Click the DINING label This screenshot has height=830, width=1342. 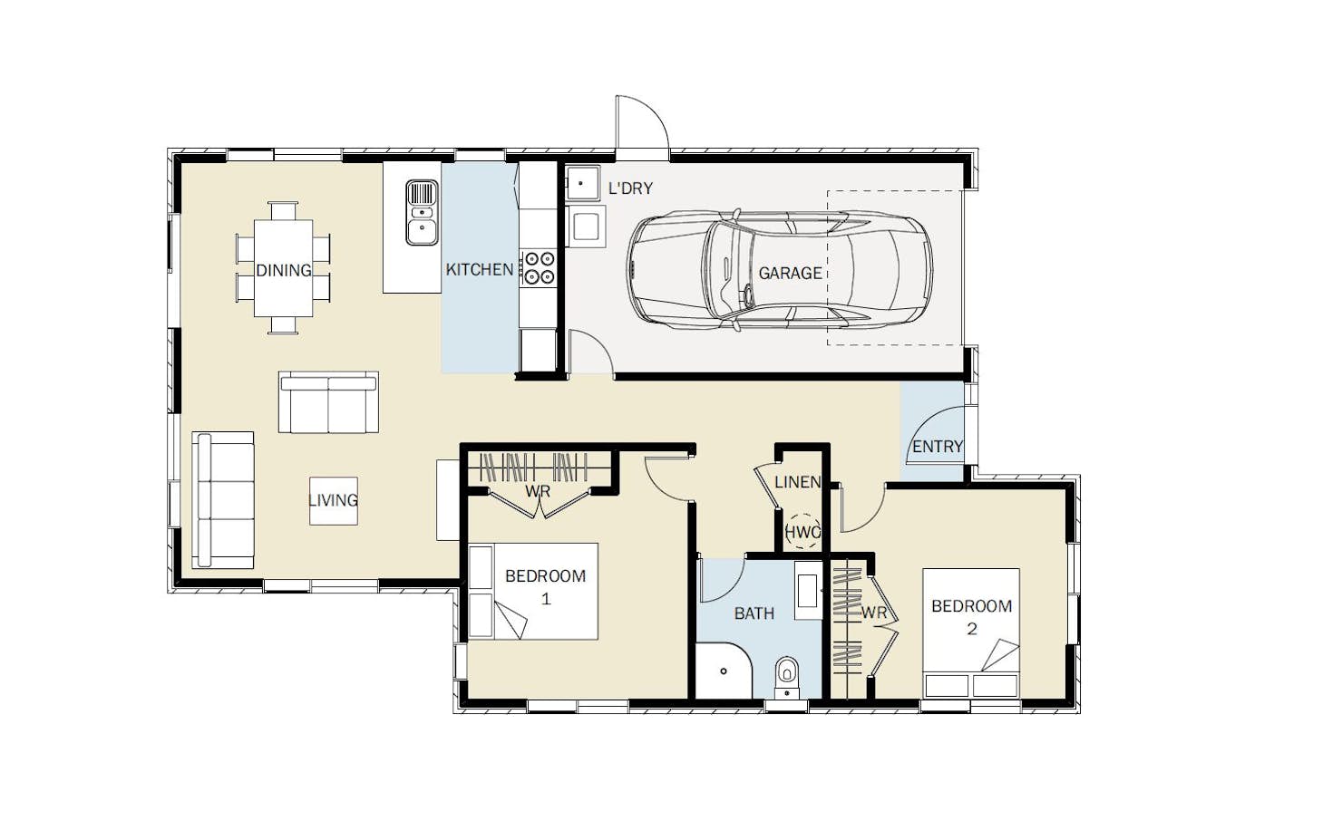click(x=284, y=271)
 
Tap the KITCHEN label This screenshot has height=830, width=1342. click(x=480, y=269)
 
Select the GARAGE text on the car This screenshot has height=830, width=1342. click(x=790, y=273)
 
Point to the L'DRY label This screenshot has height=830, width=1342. click(x=630, y=188)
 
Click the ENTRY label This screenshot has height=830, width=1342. click(x=938, y=446)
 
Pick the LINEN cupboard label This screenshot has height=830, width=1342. click(x=797, y=481)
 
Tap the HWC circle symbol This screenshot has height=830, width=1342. click(x=802, y=532)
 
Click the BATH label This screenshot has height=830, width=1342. click(x=754, y=613)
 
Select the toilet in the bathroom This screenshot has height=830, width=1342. click(x=787, y=678)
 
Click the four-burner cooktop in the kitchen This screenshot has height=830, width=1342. click(x=539, y=267)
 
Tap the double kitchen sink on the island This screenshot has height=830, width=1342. click(x=422, y=213)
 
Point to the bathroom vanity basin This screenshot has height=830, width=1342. click(x=808, y=591)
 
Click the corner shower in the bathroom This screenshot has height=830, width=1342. click(x=723, y=671)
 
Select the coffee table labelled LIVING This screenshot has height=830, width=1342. click(x=334, y=501)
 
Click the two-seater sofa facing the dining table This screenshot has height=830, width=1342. click(x=328, y=401)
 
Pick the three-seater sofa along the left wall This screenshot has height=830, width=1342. click(x=223, y=500)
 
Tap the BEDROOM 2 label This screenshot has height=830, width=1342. click(x=971, y=617)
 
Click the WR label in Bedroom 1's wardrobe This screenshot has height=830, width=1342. click(x=538, y=492)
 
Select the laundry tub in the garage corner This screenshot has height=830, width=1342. click(x=582, y=183)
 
